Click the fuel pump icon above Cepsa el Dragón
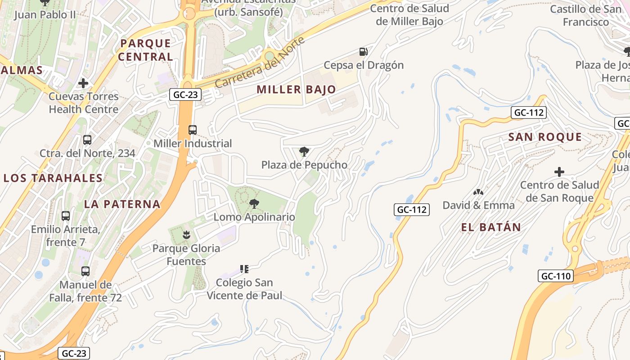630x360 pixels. click(x=363, y=52)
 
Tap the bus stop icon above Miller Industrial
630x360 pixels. click(x=193, y=130)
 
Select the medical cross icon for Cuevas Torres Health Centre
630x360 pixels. click(x=83, y=83)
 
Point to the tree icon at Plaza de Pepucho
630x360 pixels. click(x=304, y=152)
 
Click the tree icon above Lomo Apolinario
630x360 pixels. click(x=254, y=204)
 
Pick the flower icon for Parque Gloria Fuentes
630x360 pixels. click(x=186, y=234)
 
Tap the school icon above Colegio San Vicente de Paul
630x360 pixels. click(x=244, y=269)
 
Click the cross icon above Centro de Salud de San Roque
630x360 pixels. click(x=559, y=172)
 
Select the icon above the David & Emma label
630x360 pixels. click(x=478, y=192)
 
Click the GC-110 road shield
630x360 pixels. click(x=556, y=276)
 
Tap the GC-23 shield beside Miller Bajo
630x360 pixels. click(x=185, y=94)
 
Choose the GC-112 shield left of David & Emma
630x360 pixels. click(x=412, y=209)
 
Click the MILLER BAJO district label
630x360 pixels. click(x=297, y=90)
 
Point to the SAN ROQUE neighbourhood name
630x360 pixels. click(x=545, y=137)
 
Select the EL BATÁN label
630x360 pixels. click(x=491, y=227)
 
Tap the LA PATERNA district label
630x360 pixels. click(x=122, y=204)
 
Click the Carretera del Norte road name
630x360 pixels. click(x=260, y=63)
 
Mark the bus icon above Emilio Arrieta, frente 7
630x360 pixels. click(x=66, y=216)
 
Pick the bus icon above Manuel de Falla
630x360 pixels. click(x=85, y=271)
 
